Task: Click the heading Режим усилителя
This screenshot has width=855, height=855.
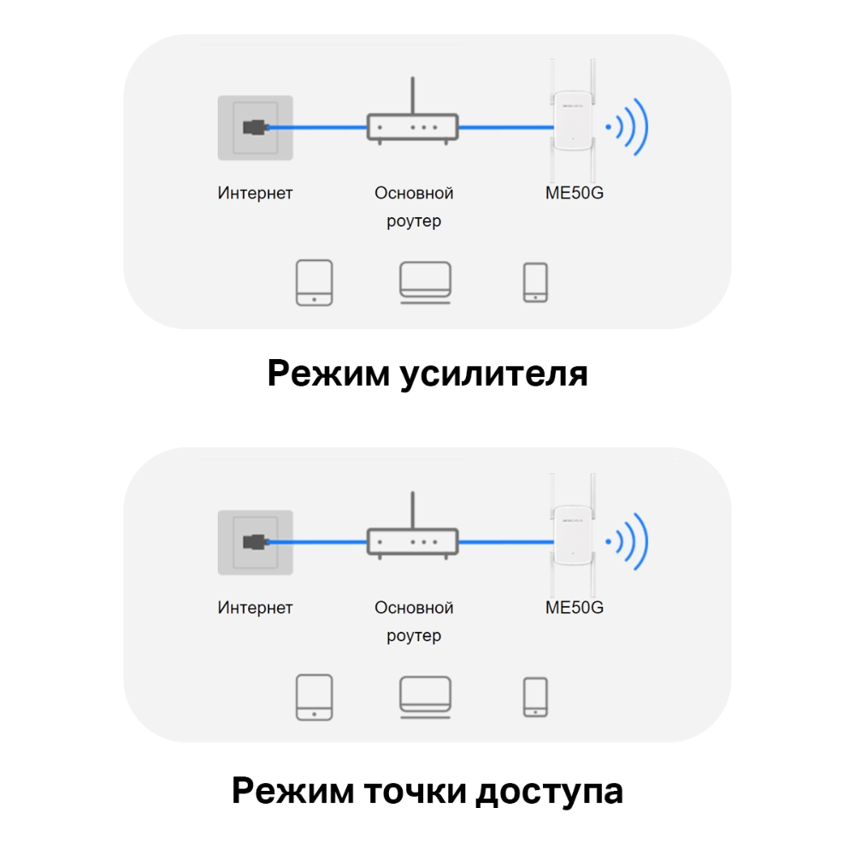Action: pos(427,374)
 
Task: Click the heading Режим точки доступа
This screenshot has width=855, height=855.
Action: pos(427,790)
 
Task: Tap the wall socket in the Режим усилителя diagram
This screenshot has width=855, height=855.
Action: pos(255,127)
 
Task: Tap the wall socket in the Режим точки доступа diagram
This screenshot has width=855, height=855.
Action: pos(255,542)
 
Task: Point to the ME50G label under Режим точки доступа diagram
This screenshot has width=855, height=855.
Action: pos(575,608)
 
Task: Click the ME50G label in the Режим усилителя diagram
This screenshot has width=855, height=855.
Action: pos(575,193)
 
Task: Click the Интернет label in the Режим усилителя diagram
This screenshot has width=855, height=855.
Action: pos(255,193)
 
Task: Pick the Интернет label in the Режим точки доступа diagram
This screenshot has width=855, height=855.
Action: pos(255,608)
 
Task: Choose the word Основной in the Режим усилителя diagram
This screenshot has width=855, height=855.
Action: pos(414,193)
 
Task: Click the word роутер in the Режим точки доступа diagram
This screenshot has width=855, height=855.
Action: pos(414,636)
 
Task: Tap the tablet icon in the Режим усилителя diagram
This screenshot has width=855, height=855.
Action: pos(314,283)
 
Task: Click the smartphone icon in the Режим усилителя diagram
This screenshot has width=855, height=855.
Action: pos(535,283)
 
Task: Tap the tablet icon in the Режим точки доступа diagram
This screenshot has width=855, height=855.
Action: pos(314,697)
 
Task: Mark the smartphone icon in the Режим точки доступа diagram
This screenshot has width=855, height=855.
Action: pos(535,697)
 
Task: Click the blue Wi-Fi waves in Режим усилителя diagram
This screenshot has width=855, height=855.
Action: pos(628,127)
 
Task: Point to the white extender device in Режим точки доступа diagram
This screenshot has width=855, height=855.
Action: pos(574,539)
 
